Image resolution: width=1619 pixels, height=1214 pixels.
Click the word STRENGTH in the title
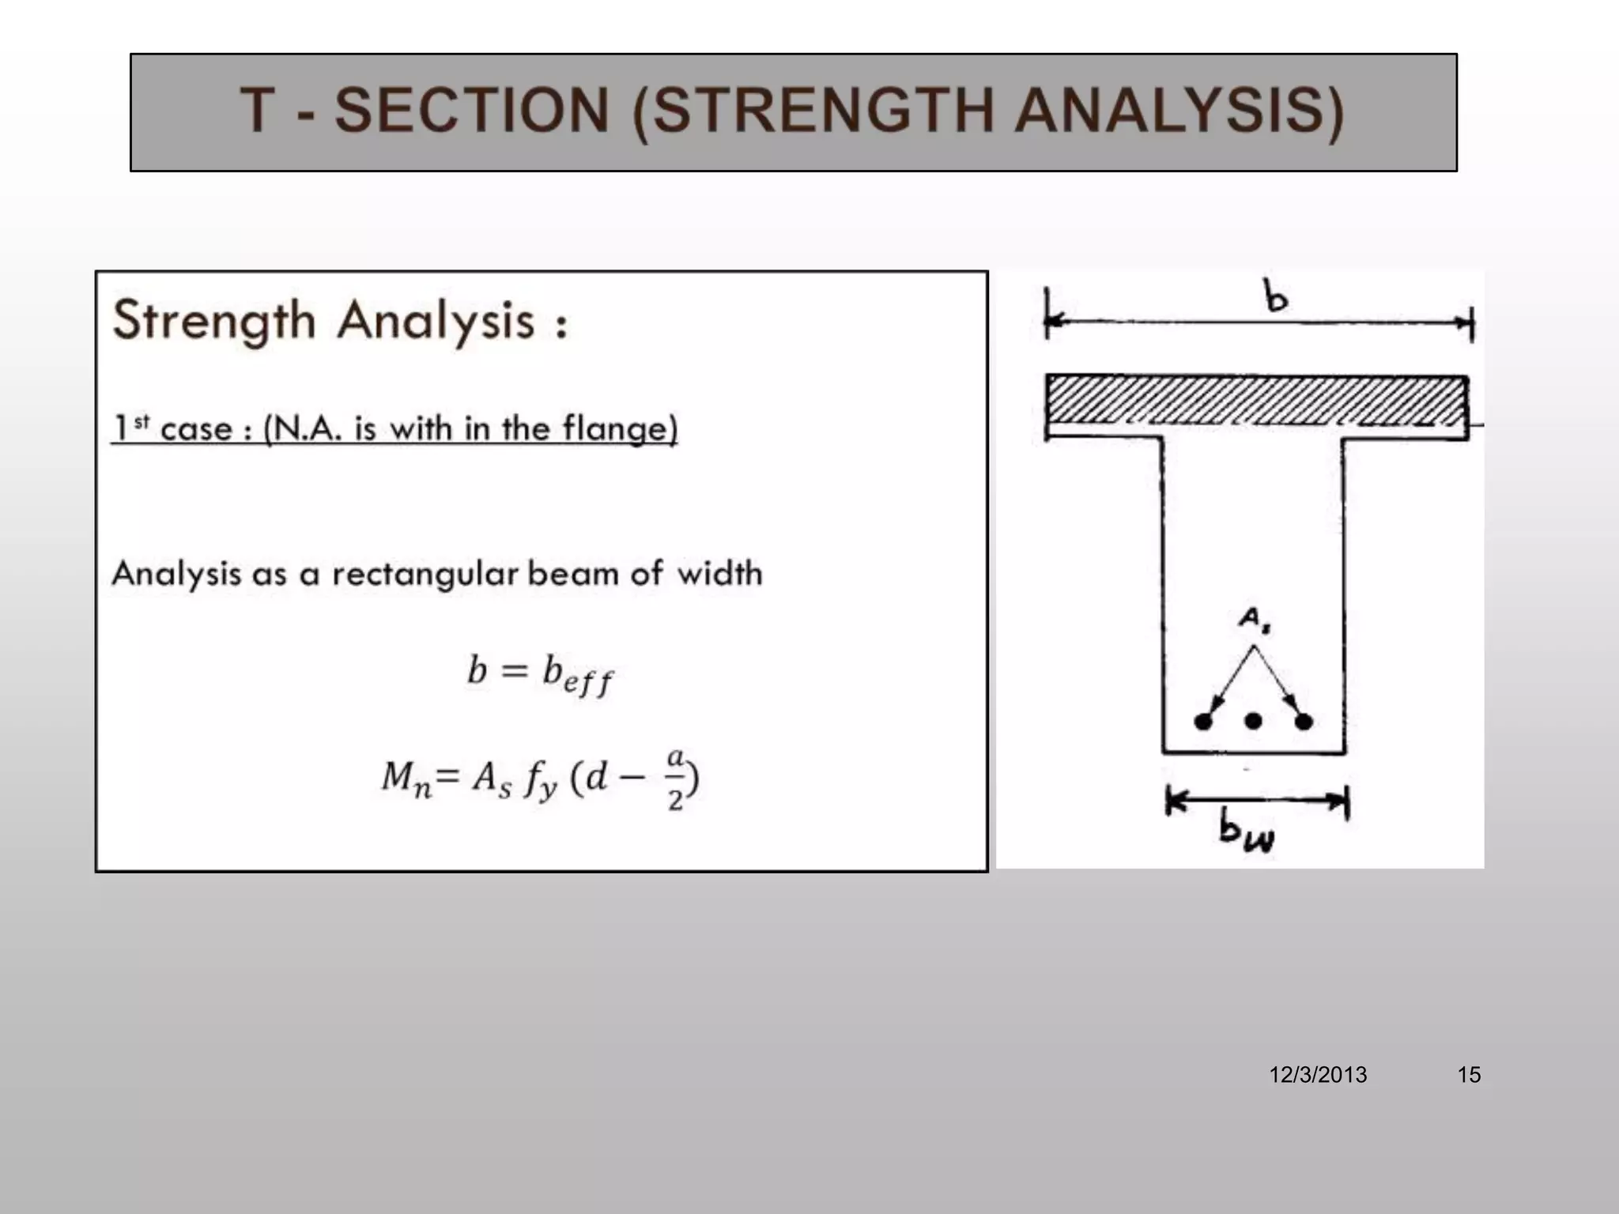pyautogui.click(x=822, y=111)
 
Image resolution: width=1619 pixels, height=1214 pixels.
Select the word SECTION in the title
pyautogui.click(x=471, y=111)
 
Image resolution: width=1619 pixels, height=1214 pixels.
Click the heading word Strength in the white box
pyautogui.click(x=214, y=322)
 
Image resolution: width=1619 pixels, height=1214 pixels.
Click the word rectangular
pyautogui.click(x=425, y=574)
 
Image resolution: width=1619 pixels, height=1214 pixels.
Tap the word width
pyautogui.click(x=719, y=573)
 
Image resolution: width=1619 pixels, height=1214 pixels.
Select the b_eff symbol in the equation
pyautogui.click(x=576, y=676)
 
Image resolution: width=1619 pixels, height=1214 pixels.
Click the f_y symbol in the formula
pyautogui.click(x=541, y=781)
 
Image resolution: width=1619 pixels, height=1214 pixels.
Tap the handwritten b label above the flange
pyautogui.click(x=1275, y=298)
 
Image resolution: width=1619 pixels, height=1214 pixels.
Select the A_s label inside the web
pyautogui.click(x=1253, y=619)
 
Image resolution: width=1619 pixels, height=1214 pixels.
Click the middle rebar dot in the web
pyautogui.click(x=1253, y=721)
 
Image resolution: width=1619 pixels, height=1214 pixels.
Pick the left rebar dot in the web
pyautogui.click(x=1203, y=721)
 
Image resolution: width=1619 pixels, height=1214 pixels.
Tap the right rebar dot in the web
pyautogui.click(x=1304, y=721)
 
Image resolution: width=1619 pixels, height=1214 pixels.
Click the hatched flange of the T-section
pyautogui.click(x=1257, y=401)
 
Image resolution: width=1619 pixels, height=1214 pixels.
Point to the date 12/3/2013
pyautogui.click(x=1318, y=1075)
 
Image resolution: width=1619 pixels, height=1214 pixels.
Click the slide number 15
pyautogui.click(x=1469, y=1075)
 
